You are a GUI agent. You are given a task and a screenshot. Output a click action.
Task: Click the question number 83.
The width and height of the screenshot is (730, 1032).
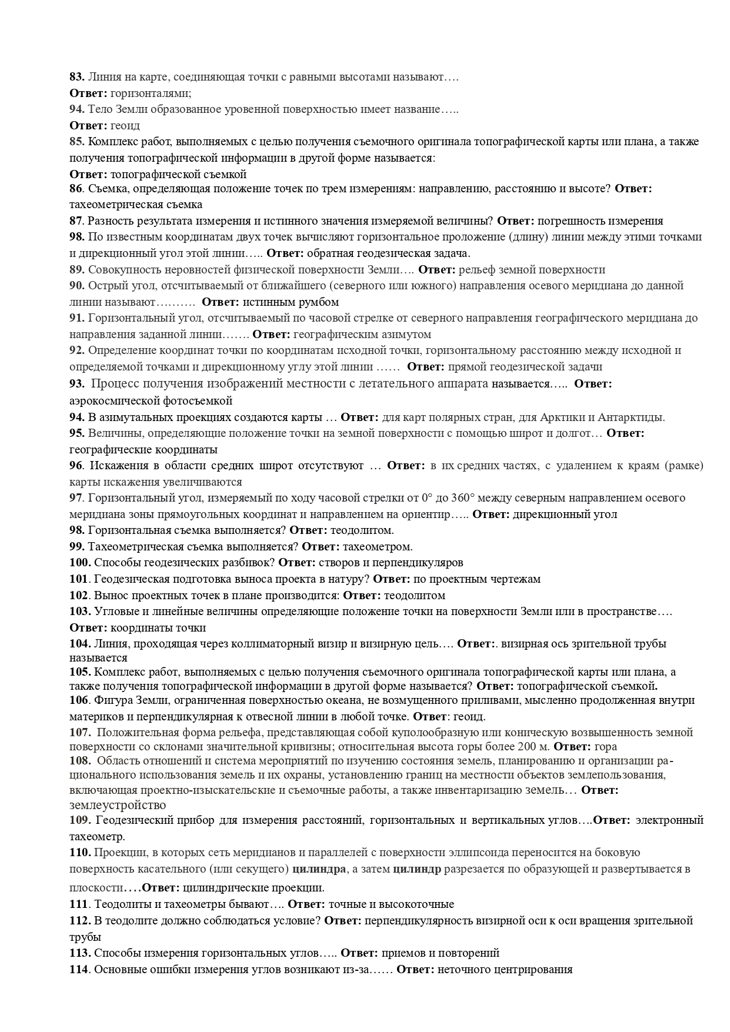pyautogui.click(x=76, y=76)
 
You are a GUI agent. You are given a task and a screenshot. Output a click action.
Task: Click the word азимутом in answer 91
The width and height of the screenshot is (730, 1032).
pyautogui.click(x=408, y=335)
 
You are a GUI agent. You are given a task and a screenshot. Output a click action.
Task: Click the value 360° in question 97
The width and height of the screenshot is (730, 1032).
pyautogui.click(x=462, y=498)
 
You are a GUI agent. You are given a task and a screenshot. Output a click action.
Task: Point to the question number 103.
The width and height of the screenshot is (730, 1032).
pyautogui.click(x=79, y=611)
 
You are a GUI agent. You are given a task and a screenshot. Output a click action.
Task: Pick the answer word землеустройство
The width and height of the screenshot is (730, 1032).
pyautogui.click(x=118, y=805)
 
